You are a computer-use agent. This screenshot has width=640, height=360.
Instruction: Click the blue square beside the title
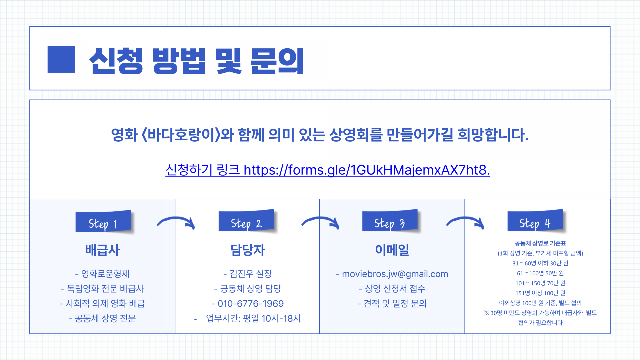click(x=61, y=59)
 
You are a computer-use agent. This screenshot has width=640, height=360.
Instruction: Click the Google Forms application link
click(x=328, y=170)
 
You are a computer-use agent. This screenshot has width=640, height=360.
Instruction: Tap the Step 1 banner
click(x=103, y=222)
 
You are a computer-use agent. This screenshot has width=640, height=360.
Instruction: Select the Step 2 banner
click(x=246, y=221)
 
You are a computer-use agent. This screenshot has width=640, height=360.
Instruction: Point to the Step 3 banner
click(x=390, y=221)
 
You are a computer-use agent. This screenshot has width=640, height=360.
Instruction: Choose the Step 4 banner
click(x=535, y=221)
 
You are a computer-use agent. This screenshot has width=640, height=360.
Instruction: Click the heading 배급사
click(x=102, y=250)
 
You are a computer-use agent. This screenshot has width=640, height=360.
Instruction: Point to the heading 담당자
click(x=248, y=250)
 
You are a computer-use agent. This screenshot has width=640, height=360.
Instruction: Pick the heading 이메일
click(x=392, y=250)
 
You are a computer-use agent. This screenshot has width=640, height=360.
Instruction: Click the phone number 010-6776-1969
click(x=250, y=304)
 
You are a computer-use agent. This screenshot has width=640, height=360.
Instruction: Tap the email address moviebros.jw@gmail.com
click(x=395, y=274)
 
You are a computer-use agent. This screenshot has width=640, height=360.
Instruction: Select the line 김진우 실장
click(x=250, y=274)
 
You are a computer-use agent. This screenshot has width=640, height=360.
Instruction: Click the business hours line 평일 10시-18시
click(x=253, y=319)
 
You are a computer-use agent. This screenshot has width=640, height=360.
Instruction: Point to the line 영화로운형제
click(x=105, y=274)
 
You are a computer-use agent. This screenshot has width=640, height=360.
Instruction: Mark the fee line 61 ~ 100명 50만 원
click(x=540, y=273)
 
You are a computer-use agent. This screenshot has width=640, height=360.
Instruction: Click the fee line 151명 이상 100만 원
click(x=540, y=293)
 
